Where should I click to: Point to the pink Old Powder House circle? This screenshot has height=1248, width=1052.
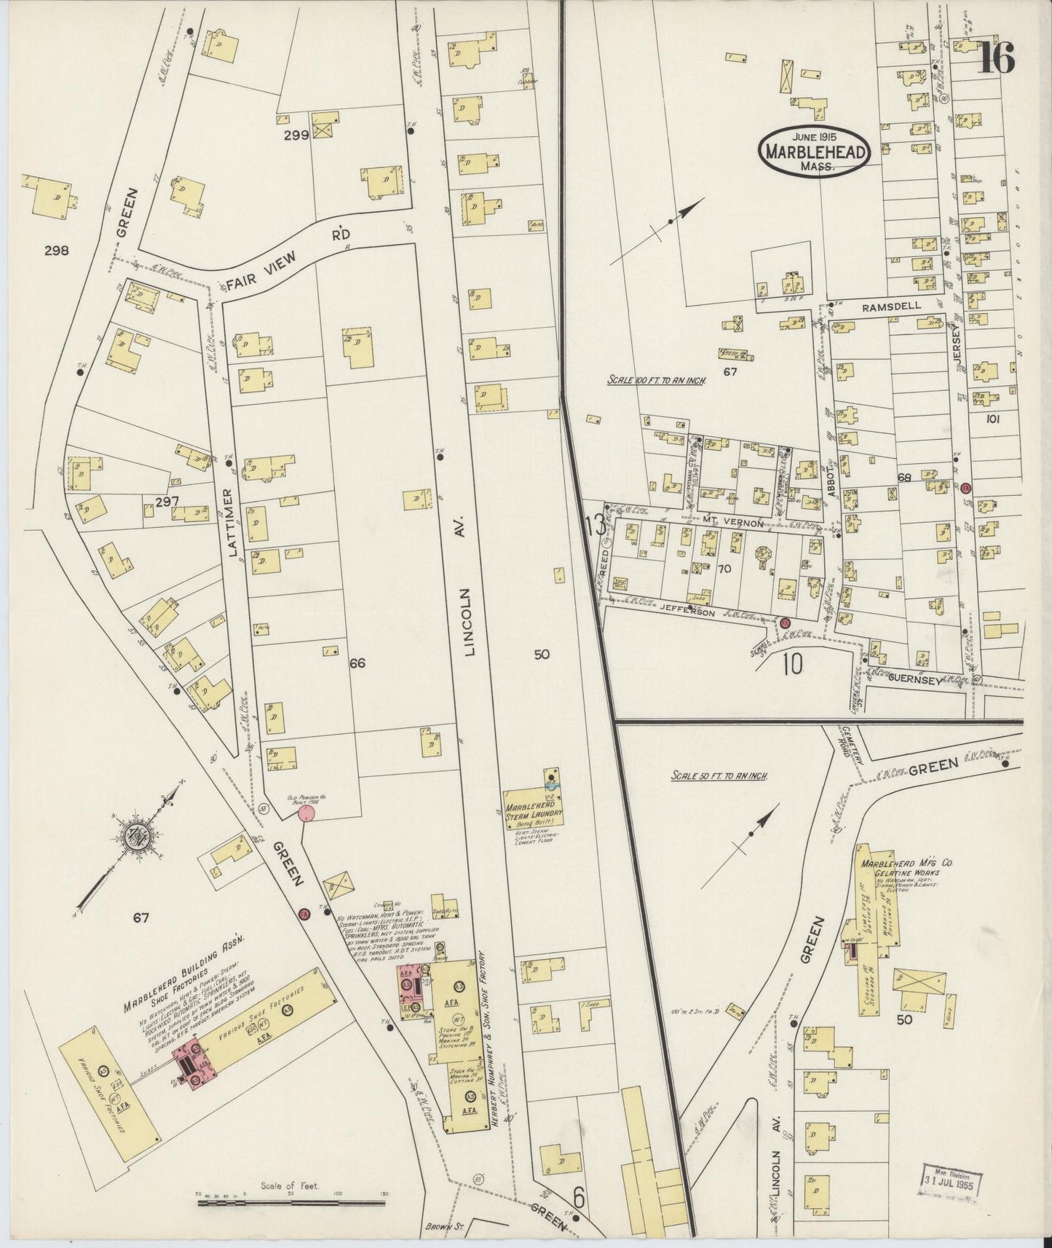click(307, 813)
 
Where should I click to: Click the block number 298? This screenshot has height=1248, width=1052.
click(56, 251)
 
